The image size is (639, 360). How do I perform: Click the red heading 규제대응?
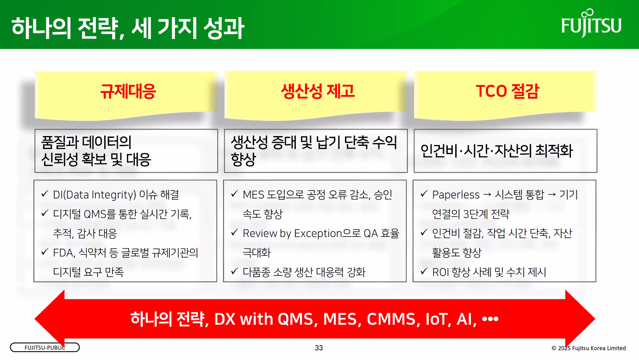click(128, 91)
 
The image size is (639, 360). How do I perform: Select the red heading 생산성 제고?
click(318, 91)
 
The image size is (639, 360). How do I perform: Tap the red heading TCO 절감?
click(507, 91)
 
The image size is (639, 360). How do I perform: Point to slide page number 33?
click(319, 348)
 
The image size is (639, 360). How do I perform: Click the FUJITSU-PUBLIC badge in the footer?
click(45, 348)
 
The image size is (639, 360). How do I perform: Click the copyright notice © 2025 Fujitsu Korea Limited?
click(589, 348)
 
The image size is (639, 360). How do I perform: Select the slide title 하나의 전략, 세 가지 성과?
click(128, 28)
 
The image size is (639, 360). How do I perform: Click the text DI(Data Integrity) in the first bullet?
click(94, 195)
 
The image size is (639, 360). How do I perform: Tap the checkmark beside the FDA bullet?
click(45, 251)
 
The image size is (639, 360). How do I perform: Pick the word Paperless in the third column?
click(456, 195)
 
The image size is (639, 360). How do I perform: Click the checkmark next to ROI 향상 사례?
click(424, 271)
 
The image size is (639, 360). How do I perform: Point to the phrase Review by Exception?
click(292, 233)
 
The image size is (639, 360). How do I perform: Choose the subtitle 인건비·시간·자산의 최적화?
click(496, 151)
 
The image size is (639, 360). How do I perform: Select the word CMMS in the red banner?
click(391, 319)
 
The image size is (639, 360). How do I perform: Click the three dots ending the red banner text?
click(490, 319)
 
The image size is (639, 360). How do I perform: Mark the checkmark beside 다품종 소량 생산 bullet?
click(234, 271)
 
